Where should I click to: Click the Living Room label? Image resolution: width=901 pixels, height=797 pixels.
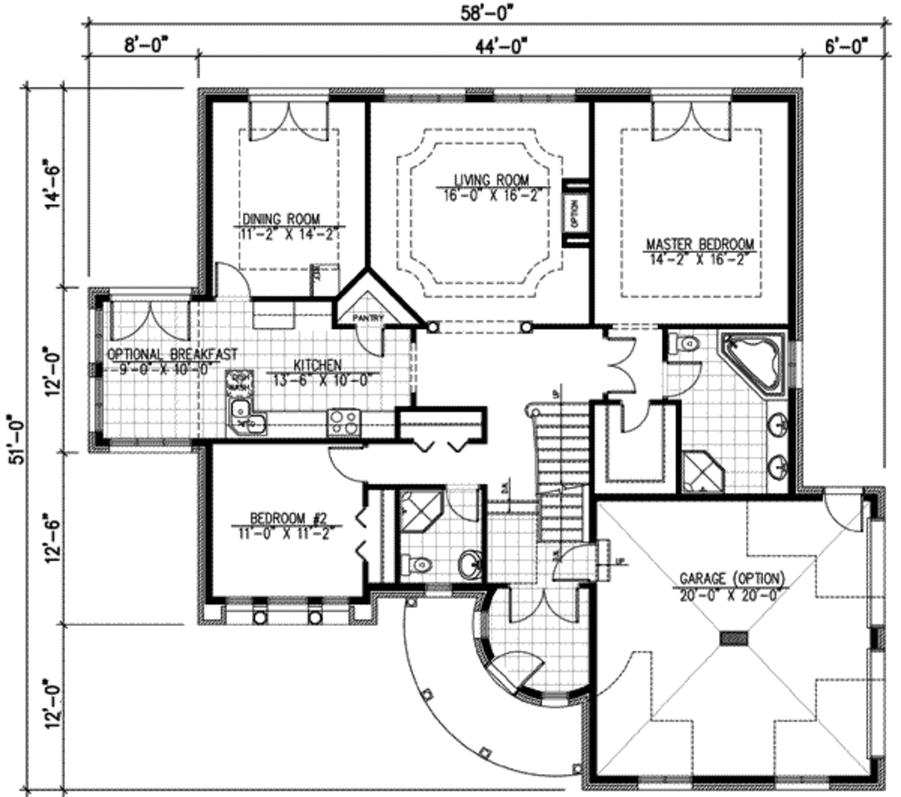492,180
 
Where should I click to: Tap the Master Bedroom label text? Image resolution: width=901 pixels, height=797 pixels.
700,243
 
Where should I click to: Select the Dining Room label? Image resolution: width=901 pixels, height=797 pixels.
281,219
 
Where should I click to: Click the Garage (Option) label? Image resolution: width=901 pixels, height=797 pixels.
733,579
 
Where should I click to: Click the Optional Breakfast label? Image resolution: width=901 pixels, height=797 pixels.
172,354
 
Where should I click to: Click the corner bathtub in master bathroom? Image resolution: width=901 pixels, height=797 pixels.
756,360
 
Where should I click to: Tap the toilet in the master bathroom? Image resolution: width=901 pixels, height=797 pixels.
684,345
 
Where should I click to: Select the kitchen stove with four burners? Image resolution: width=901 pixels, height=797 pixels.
343,422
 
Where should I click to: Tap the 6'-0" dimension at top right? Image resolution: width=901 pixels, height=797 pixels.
846,44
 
